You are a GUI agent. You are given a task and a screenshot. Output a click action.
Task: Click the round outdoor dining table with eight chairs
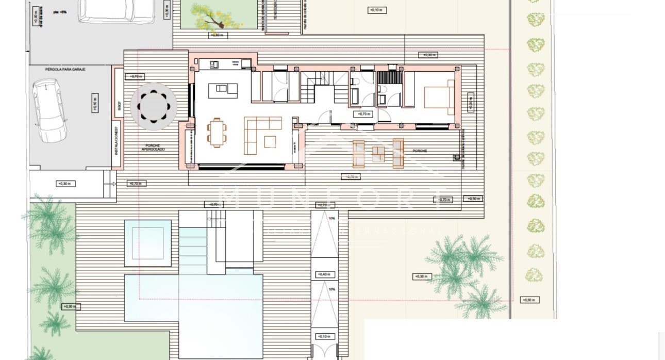[x=154, y=107]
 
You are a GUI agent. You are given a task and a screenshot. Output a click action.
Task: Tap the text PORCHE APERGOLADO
[x=154, y=146]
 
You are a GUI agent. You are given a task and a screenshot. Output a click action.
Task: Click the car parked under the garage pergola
[x=50, y=110]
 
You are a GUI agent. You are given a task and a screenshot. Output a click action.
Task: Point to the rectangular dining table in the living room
[x=217, y=133]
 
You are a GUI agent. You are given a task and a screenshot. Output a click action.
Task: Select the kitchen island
[x=223, y=91]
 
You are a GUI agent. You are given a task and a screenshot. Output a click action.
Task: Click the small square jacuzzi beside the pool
[x=147, y=243]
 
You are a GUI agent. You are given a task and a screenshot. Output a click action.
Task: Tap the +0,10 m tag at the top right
[x=376, y=10]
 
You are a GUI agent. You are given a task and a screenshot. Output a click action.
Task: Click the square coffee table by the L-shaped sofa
[x=270, y=141]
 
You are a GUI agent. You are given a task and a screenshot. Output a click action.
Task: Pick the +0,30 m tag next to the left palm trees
[x=69, y=306]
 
